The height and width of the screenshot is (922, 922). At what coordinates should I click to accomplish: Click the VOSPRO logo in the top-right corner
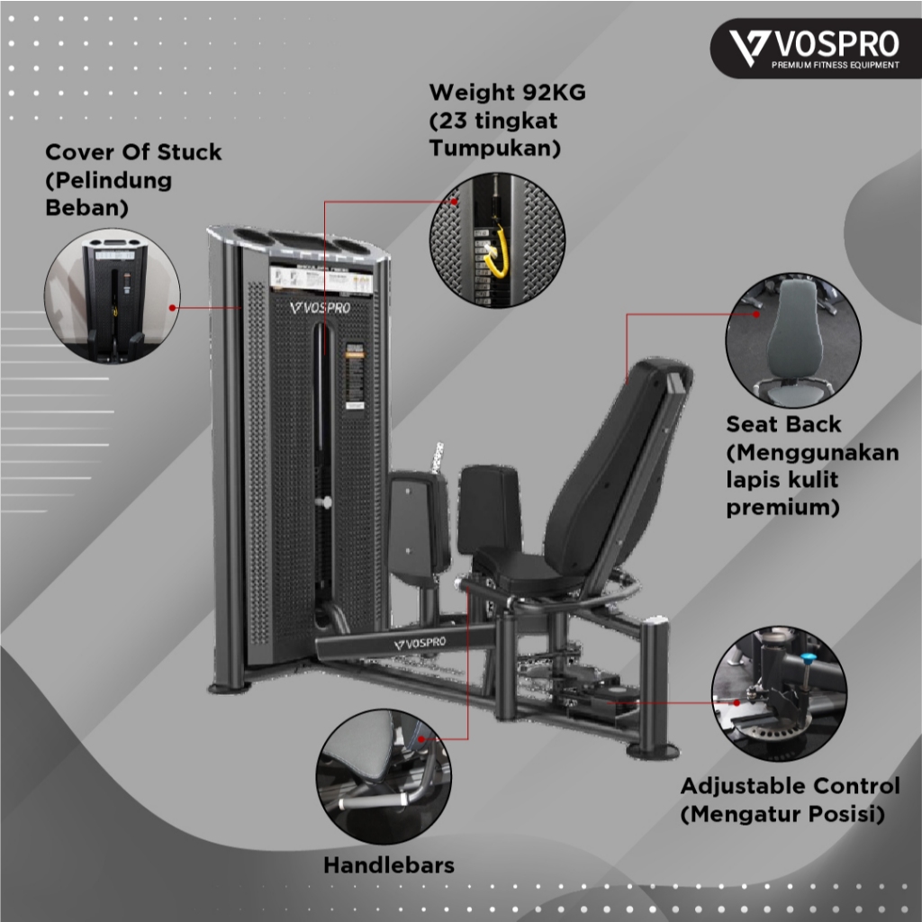(x=815, y=45)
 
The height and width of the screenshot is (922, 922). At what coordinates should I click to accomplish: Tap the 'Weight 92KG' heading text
(x=507, y=93)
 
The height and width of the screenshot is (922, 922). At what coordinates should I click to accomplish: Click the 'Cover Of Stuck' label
(x=133, y=152)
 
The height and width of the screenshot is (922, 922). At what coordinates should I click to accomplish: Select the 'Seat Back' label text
(x=784, y=424)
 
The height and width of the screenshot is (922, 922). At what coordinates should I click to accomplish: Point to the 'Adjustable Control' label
(x=790, y=785)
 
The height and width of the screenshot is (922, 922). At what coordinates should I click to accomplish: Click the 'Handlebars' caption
(x=388, y=865)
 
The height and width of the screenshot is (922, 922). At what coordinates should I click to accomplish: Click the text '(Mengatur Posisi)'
(x=782, y=815)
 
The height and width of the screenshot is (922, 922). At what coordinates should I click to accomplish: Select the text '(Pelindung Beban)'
(x=108, y=194)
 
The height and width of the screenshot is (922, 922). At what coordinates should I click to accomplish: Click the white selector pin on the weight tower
(x=325, y=502)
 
